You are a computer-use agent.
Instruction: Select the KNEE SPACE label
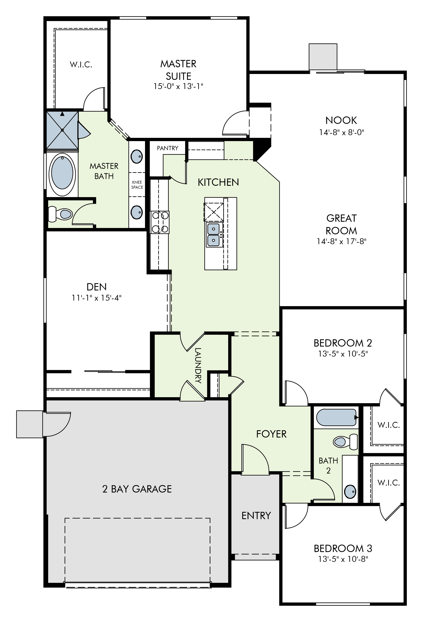(x=137, y=185)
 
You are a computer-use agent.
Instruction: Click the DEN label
(x=97, y=287)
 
